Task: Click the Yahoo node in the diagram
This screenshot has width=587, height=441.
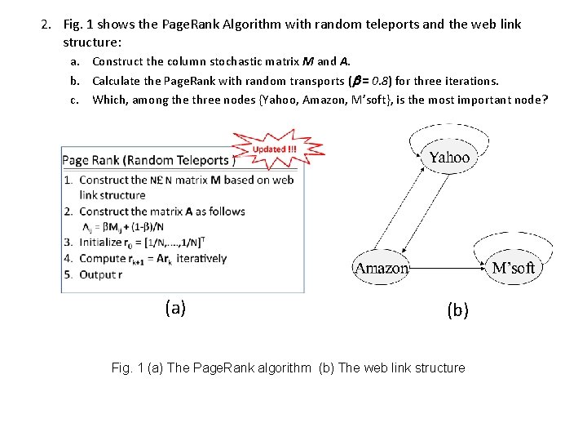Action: coord(449,158)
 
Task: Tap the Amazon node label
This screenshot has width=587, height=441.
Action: coord(382,268)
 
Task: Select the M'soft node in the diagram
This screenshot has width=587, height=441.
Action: coord(514,268)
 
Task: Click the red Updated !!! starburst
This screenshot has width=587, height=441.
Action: coord(276,149)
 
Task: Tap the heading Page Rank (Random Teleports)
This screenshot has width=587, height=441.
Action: coord(147,160)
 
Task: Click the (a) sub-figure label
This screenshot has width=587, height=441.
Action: coord(175,308)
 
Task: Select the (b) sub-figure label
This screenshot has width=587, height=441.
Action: coord(457,310)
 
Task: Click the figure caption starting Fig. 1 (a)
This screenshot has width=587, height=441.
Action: coord(288,367)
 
